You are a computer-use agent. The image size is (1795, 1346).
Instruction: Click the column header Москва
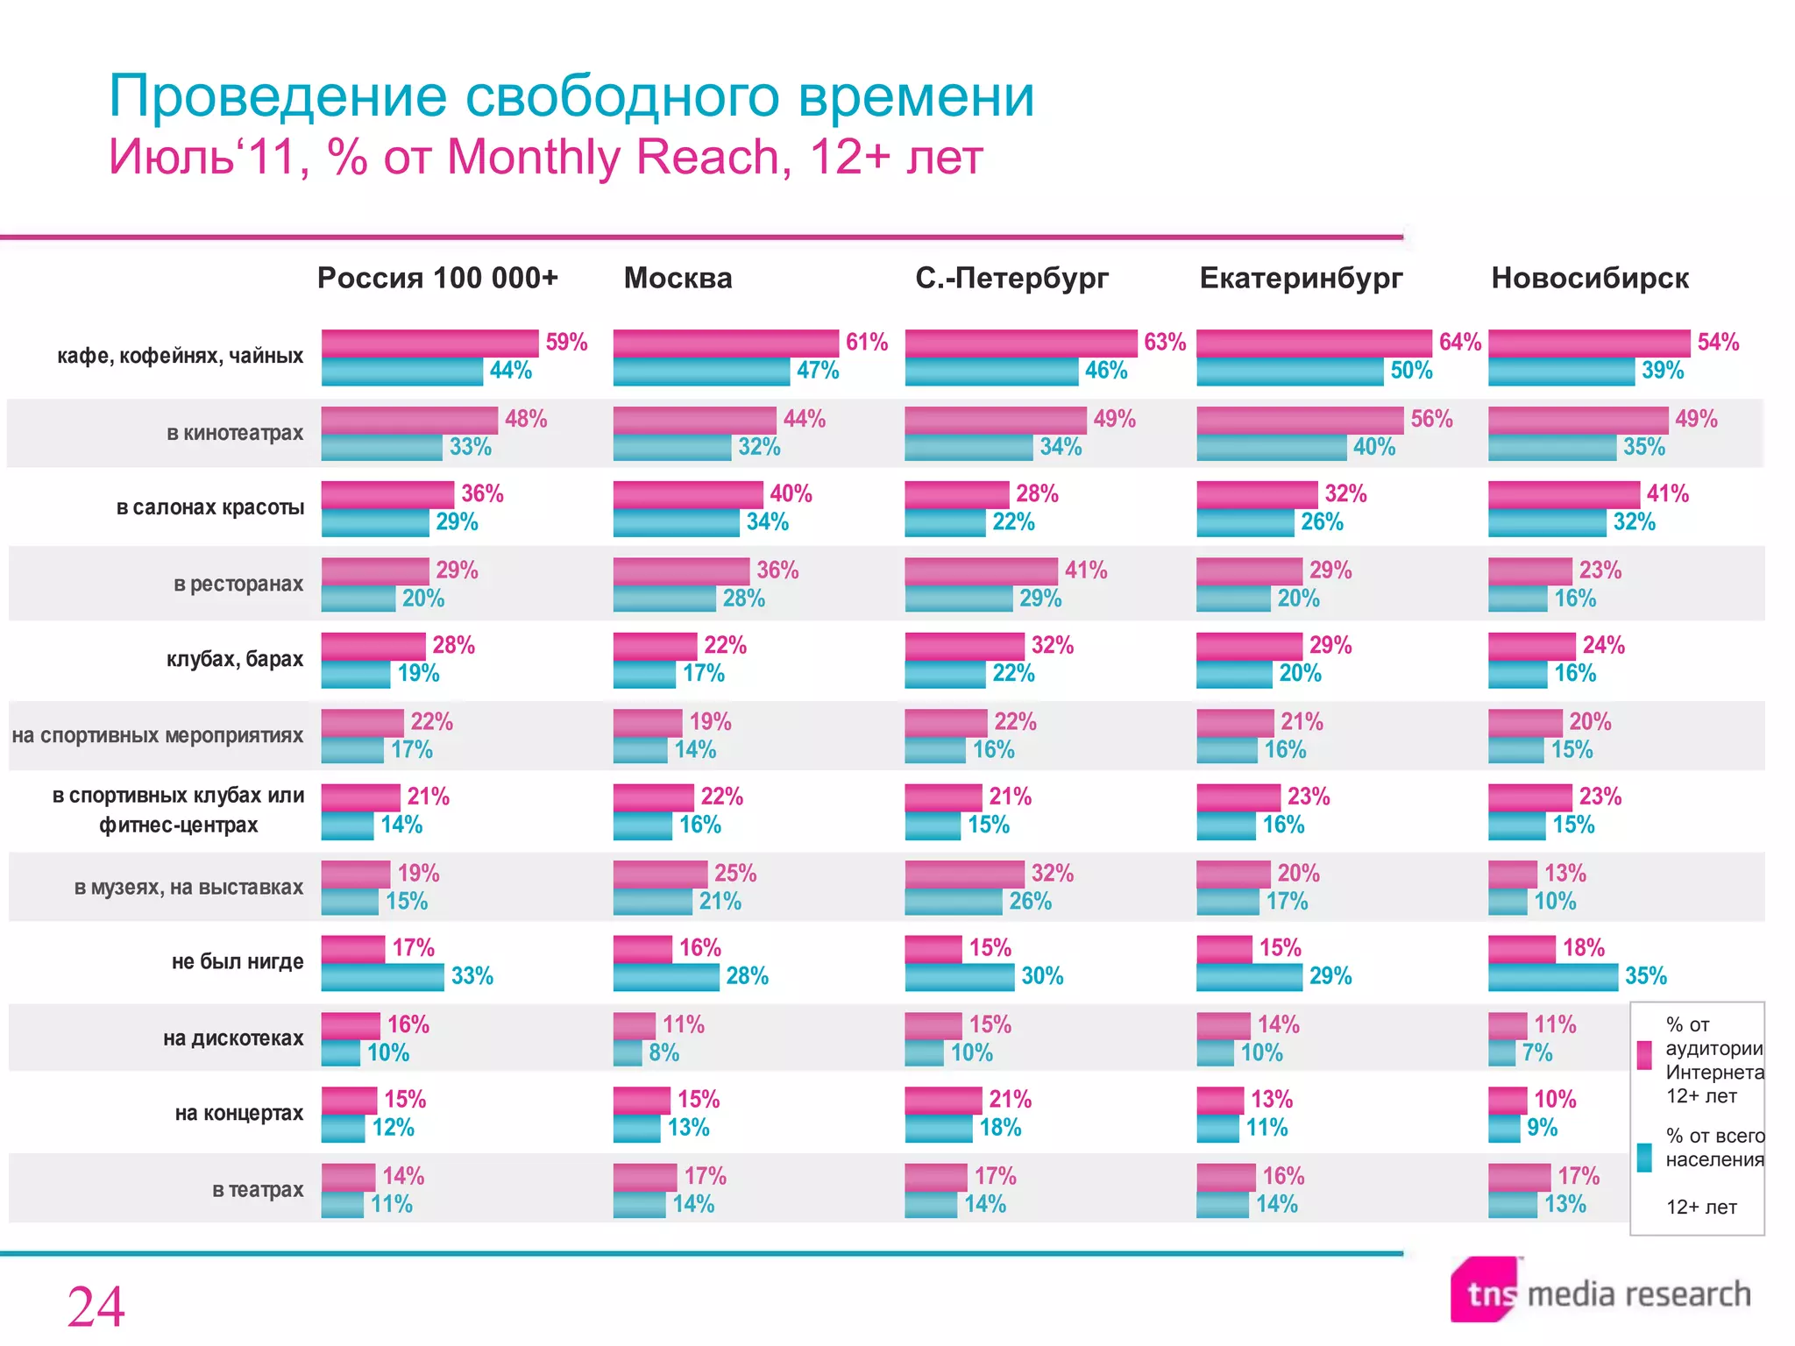click(x=678, y=278)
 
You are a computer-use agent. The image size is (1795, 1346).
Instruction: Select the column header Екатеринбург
click(x=1301, y=278)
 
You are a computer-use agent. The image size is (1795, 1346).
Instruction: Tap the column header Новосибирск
click(x=1590, y=278)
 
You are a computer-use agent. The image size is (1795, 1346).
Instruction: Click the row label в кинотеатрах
click(x=235, y=433)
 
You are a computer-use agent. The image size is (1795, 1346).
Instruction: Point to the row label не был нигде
click(x=238, y=961)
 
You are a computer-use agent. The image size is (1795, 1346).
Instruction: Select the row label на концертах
click(x=239, y=1113)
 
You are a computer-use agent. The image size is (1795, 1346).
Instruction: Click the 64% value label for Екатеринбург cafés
click(x=1459, y=342)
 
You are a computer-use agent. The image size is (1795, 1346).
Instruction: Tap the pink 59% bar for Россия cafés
click(x=429, y=343)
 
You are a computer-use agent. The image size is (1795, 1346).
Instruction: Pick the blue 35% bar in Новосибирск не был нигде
click(x=1552, y=977)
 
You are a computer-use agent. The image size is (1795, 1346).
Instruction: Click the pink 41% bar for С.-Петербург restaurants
click(x=981, y=571)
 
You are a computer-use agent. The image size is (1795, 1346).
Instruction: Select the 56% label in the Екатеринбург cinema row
click(x=1431, y=419)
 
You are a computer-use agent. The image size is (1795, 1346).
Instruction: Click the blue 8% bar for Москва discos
click(x=628, y=1052)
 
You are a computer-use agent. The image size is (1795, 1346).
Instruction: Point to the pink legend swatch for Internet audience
click(x=1644, y=1055)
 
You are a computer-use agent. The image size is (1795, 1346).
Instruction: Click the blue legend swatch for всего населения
click(x=1644, y=1157)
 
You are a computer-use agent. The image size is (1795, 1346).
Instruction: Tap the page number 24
click(x=96, y=1307)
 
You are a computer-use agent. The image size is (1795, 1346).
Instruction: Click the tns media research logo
click(x=1600, y=1292)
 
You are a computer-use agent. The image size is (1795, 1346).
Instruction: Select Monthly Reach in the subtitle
click(x=613, y=158)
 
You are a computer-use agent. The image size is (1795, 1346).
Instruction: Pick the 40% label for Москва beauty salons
click(x=791, y=493)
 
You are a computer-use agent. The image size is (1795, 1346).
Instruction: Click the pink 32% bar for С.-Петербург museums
click(x=964, y=874)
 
